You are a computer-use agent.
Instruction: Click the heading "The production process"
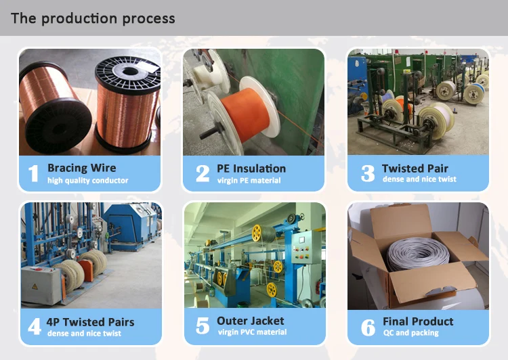click(93, 18)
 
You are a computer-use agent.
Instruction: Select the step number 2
click(203, 174)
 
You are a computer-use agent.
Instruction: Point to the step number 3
click(368, 174)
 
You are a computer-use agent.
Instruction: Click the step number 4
click(34, 328)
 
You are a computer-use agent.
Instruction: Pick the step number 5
click(203, 327)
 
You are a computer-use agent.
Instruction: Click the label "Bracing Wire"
click(81, 168)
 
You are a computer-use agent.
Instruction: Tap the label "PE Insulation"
click(251, 168)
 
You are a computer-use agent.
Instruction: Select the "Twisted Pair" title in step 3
click(415, 168)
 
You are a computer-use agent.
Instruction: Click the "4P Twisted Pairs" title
click(91, 321)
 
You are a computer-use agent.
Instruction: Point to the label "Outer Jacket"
click(251, 321)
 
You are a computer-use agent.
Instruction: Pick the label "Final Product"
click(418, 321)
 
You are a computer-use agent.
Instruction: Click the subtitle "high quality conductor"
click(87, 181)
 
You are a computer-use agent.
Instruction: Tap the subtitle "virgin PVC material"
click(252, 332)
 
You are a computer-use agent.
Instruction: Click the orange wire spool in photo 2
click(246, 109)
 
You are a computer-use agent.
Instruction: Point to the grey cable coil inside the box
click(421, 250)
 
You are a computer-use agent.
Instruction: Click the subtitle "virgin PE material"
click(249, 181)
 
